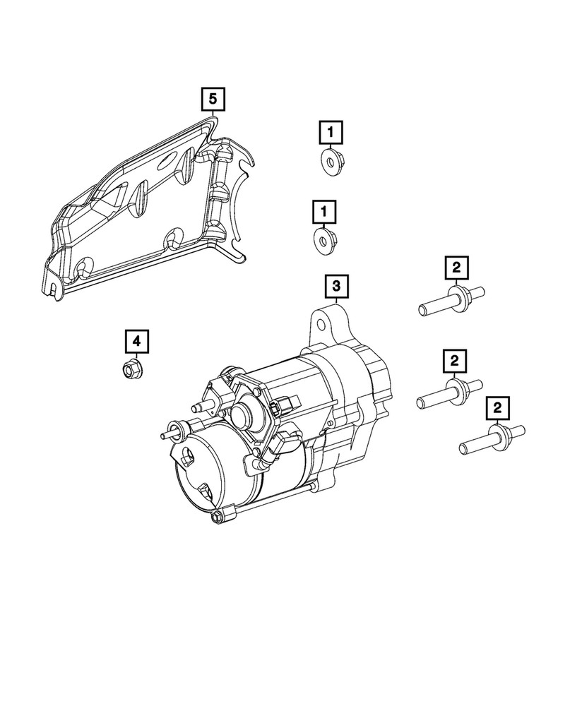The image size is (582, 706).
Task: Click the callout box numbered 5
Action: point(212,100)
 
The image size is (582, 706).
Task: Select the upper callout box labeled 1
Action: point(330,132)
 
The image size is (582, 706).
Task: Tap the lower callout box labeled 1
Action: point(324,211)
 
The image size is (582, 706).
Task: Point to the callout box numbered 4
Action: point(137,342)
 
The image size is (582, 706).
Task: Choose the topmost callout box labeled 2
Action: point(456,268)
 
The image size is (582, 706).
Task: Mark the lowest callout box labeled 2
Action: point(497,407)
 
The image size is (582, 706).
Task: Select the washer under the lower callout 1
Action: point(324,240)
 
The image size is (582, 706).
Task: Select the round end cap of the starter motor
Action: point(198,469)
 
